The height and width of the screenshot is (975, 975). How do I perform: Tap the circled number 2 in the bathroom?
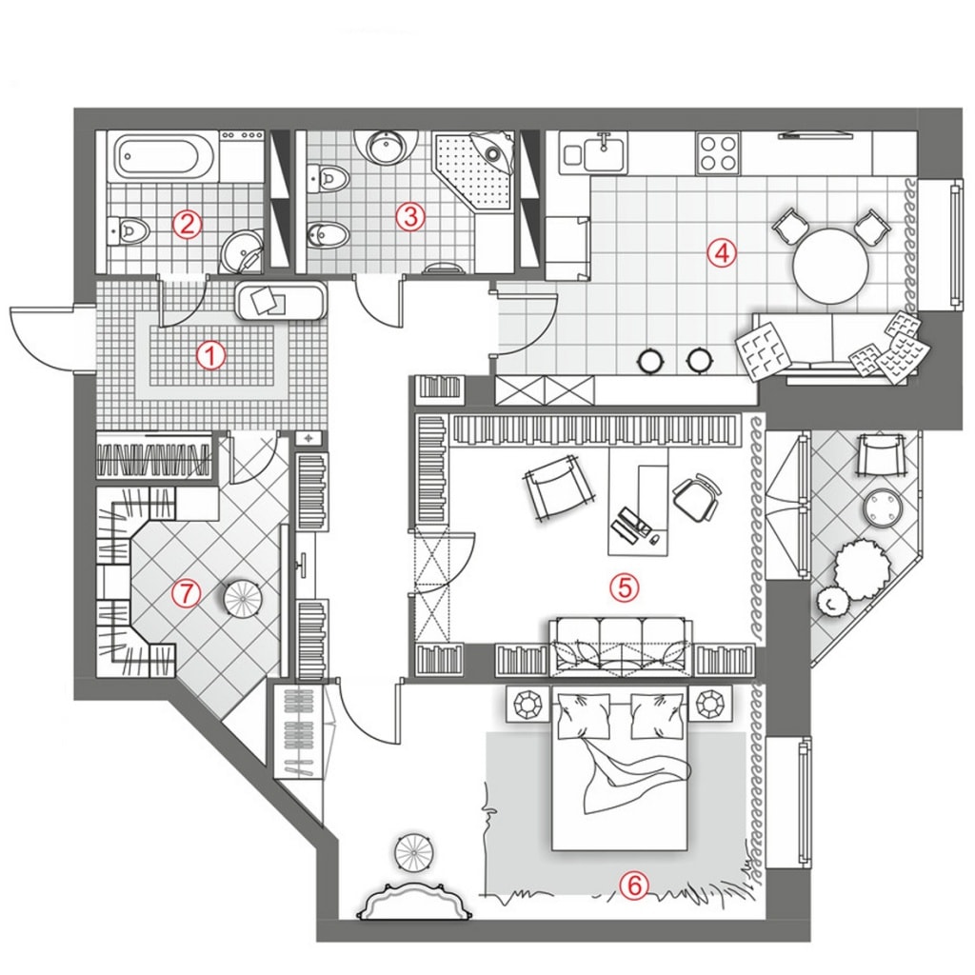[188, 223]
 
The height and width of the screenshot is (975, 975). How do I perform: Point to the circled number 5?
[625, 587]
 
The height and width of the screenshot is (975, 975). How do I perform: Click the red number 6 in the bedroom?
[633, 885]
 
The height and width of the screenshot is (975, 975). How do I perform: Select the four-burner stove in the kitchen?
[718, 153]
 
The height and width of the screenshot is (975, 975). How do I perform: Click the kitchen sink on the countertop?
[603, 154]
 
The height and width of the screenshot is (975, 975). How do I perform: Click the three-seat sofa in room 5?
[621, 646]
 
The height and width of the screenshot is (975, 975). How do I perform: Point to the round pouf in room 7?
[243, 599]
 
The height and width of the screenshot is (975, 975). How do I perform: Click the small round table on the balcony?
[884, 507]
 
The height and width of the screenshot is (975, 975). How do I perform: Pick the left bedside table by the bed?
[527, 704]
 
